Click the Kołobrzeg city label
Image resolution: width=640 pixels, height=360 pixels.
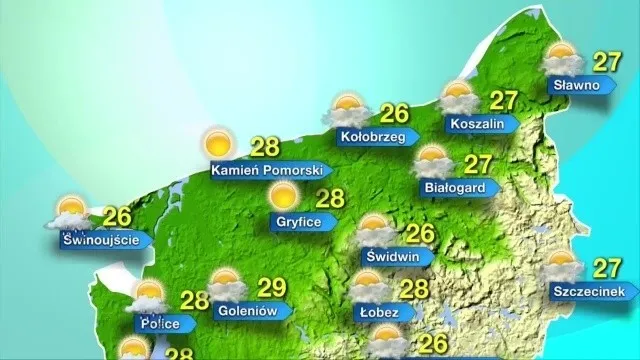coord(371,136)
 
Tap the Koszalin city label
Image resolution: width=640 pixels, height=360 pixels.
coord(477,124)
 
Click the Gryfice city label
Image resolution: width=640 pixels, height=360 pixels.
coord(299,222)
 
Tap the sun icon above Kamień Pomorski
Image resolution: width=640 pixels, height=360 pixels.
coord(216,144)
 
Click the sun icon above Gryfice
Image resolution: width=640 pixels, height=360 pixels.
coord(286,195)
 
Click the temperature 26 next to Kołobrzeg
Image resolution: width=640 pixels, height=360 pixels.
coord(395,112)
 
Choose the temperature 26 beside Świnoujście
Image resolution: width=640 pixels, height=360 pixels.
coord(118,215)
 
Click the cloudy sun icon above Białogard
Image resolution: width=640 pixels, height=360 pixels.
coord(434,161)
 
